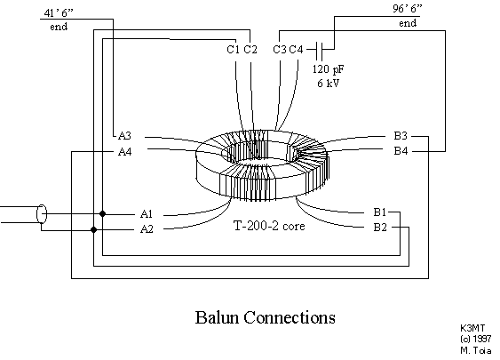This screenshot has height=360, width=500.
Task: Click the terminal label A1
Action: [x=147, y=213]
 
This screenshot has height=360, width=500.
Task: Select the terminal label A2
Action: [x=147, y=228]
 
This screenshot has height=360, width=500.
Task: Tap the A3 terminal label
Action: [x=124, y=136]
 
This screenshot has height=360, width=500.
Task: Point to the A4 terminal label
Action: [x=124, y=151]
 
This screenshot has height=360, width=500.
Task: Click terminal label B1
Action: [x=380, y=212]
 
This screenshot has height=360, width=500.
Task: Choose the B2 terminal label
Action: [x=380, y=228]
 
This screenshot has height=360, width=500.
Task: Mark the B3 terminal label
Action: [x=401, y=136]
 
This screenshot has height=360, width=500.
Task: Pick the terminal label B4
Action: [x=401, y=150]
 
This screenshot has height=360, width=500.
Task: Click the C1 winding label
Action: [x=233, y=50]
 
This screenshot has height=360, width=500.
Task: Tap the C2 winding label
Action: [x=250, y=50]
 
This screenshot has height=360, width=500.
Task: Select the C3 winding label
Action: [x=280, y=50]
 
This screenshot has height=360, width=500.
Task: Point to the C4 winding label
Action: [x=296, y=50]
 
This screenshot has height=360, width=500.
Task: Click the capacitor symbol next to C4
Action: [x=320, y=50]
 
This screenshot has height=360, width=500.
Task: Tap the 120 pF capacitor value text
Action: [x=328, y=69]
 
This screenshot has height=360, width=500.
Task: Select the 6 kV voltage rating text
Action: [x=328, y=83]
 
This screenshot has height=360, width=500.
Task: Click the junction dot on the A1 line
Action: [x=102, y=213]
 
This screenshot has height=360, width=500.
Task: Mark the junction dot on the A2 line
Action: [x=94, y=229]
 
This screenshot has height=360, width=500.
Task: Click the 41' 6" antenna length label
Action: [x=59, y=12]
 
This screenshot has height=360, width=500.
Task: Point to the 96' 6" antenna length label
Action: [x=408, y=9]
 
